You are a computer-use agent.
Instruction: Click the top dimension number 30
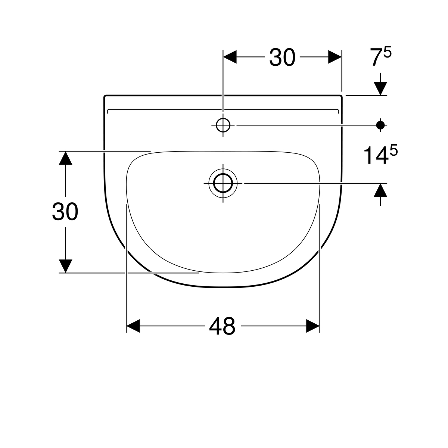pos(282,57)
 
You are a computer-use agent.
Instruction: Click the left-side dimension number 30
pos(65,212)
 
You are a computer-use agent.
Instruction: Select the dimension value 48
pos(222,326)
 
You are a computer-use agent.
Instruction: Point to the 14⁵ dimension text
pos(380,155)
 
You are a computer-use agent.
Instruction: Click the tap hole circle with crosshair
pos(223,125)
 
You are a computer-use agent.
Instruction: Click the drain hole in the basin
pos(223,183)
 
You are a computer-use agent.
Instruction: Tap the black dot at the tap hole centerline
pos(380,125)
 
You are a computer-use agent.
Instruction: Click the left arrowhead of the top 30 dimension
pos(230,57)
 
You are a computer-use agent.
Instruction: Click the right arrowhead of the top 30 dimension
pos(335,57)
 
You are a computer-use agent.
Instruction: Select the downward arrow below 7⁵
pos(380,88)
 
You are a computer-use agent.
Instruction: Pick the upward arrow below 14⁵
pos(380,190)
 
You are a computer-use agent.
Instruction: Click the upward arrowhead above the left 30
pos(66,158)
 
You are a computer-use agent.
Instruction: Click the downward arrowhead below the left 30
pos(66,266)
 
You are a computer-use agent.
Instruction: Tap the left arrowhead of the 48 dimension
pos(133,326)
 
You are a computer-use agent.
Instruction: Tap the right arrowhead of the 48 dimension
pos(313,326)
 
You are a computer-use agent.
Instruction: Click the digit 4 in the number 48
pos(215,326)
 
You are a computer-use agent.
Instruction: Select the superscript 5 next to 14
pos(393,151)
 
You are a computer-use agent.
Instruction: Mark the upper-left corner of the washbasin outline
pos(105,96)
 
